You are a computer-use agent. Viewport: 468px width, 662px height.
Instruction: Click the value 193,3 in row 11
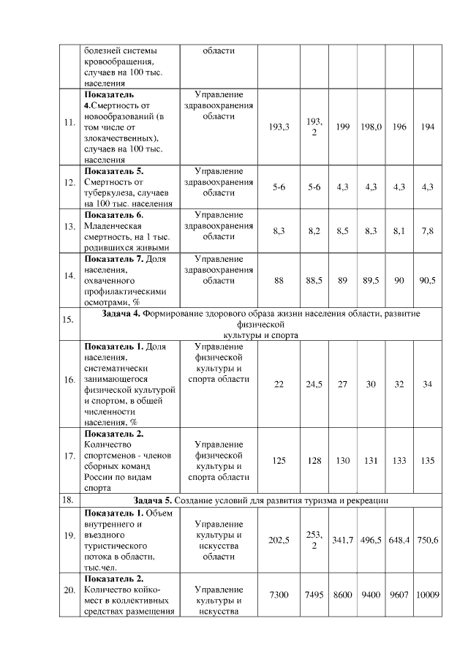[279, 127]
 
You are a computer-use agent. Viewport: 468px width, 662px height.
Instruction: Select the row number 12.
[69, 187]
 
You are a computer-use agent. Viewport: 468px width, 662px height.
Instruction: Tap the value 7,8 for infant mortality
[428, 231]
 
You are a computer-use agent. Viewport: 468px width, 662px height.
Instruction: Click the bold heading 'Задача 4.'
[120, 314]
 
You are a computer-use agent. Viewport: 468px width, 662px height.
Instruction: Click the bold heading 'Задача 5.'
[156, 500]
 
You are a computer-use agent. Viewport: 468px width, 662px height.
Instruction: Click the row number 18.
[69, 500]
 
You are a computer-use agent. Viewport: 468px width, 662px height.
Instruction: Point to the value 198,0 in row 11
[371, 127]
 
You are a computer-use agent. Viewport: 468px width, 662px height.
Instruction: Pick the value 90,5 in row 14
[428, 280]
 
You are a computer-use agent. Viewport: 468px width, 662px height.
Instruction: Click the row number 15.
[69, 319]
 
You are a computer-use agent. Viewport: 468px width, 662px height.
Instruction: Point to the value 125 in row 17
[279, 461]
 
